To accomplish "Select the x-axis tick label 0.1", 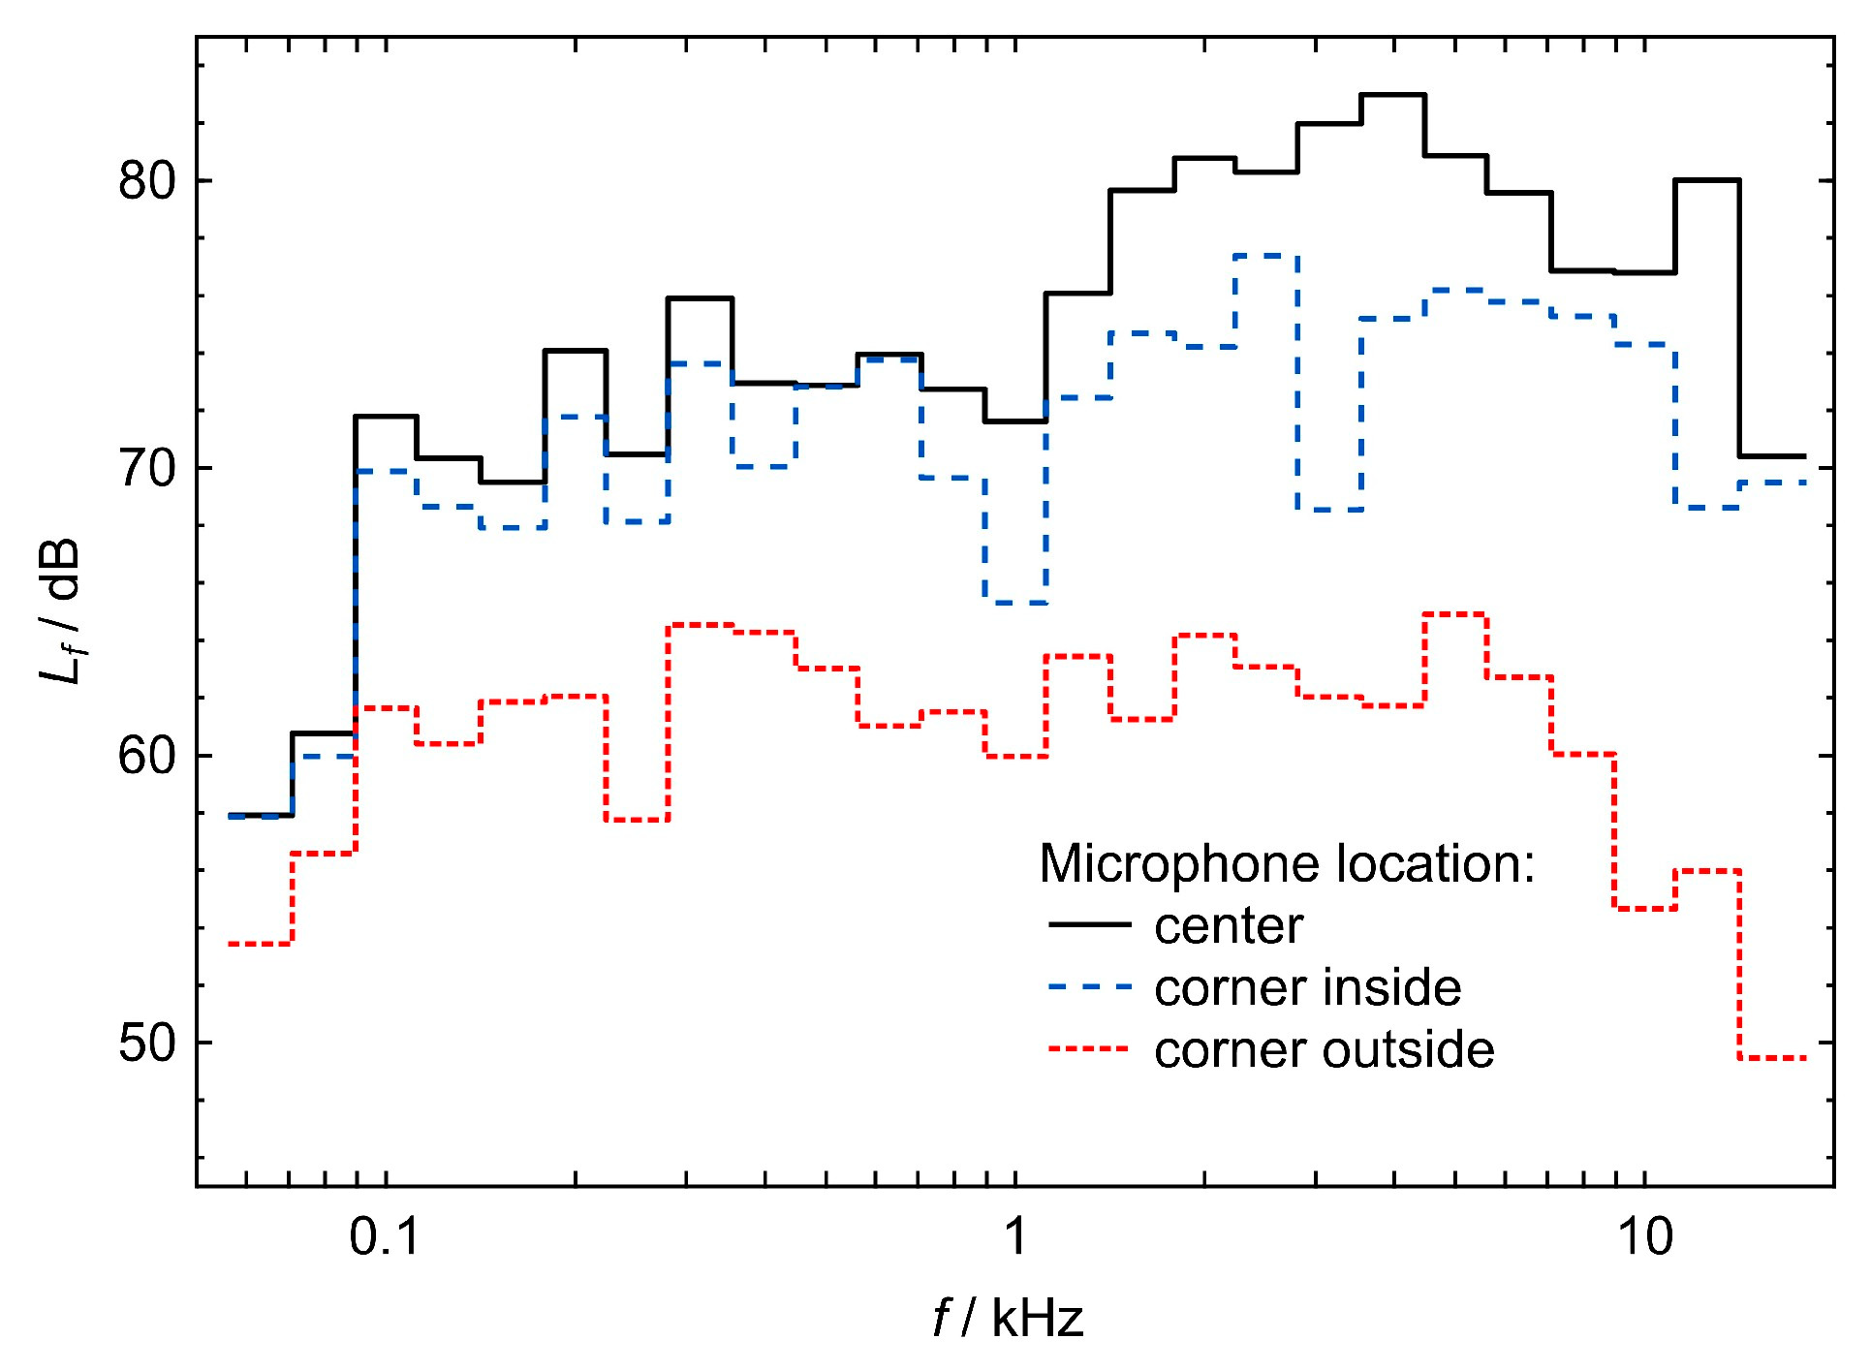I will coord(385,1237).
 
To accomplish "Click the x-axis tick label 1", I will coord(1014,1237).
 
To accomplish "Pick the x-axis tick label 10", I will coord(1645,1237).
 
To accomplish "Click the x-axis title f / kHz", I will coord(1008,1319).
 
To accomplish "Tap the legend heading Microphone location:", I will coord(1287,863).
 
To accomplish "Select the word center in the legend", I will coord(1229,926).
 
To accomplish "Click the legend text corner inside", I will coord(1307,988).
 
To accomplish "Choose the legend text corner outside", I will coord(1324,1050).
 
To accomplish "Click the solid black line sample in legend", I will coord(1090,925).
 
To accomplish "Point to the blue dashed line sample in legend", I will coord(1090,987).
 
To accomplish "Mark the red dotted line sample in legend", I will coord(1090,1049).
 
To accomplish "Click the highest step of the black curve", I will coord(1392,95).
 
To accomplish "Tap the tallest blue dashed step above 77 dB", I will coord(1265,256).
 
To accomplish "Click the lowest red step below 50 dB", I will coord(1772,1058).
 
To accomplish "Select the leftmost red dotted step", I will coord(260,944).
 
